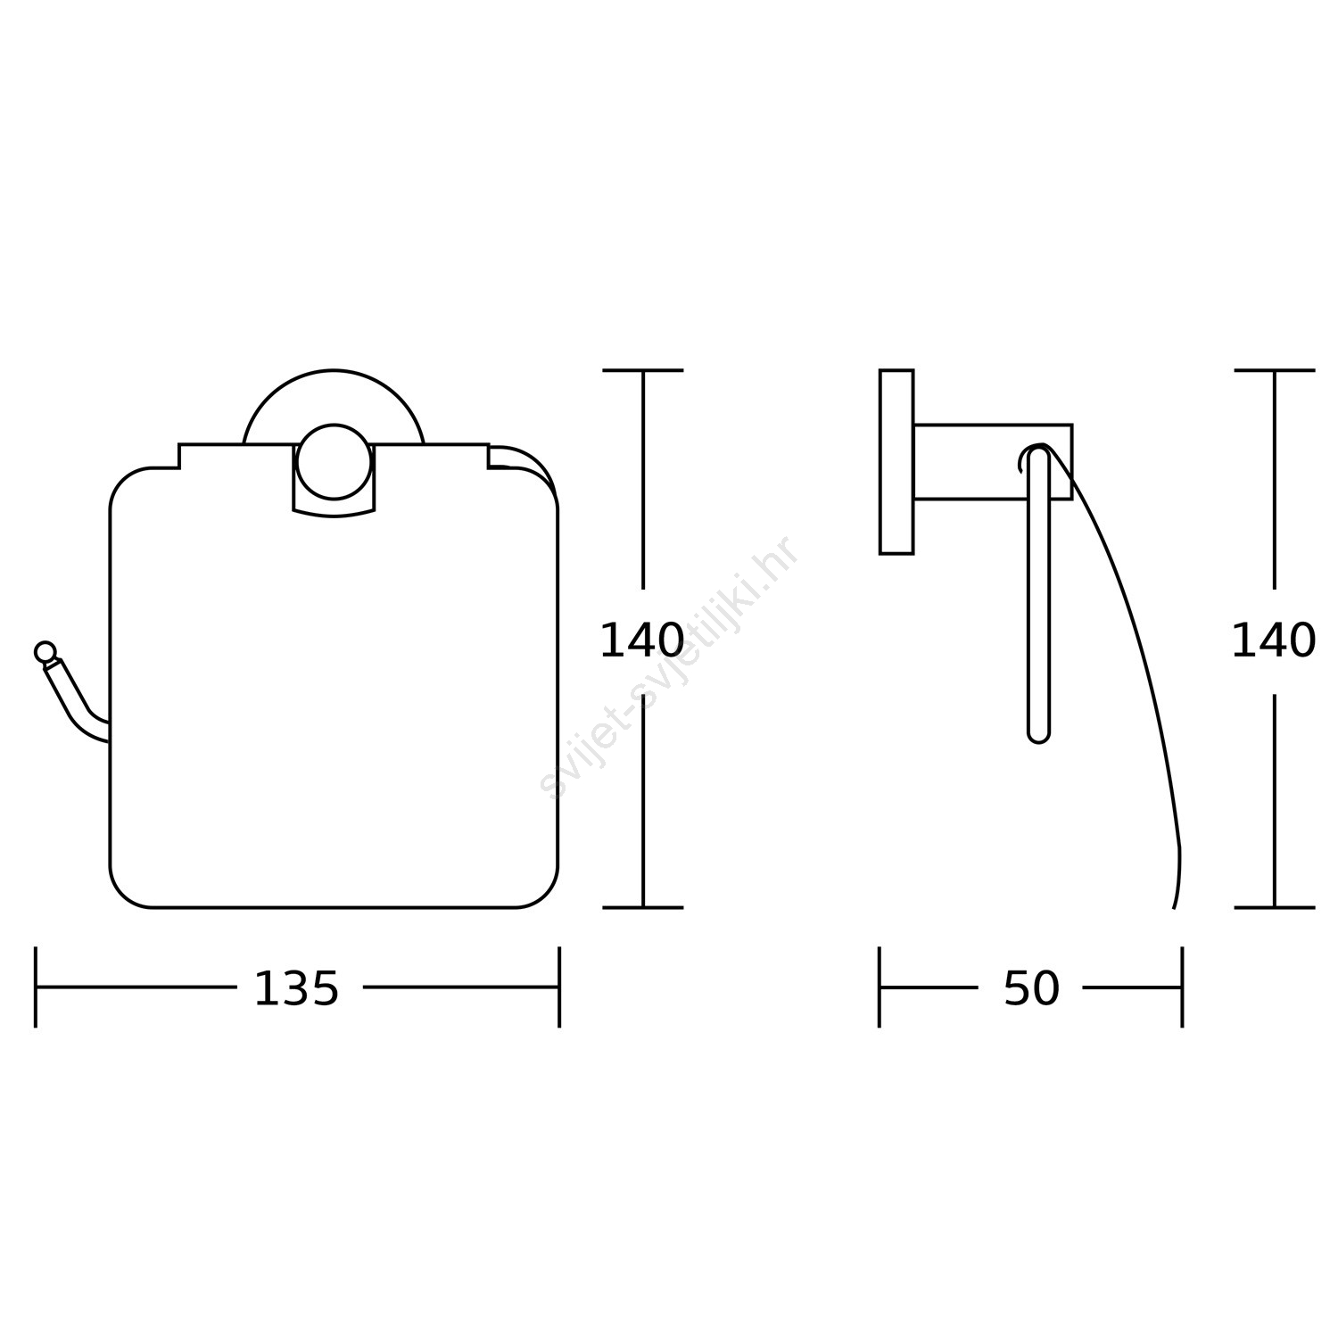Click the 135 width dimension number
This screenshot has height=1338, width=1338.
[296, 989]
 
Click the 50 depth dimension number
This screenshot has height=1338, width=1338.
[1031, 989]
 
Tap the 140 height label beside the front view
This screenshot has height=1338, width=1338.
[641, 641]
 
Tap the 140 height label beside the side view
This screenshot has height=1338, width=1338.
[1273, 641]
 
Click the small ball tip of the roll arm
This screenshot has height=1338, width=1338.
[45, 652]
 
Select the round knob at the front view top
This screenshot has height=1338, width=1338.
[334, 461]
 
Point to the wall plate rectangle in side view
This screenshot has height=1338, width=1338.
[896, 462]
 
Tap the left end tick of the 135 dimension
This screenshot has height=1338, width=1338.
[36, 987]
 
